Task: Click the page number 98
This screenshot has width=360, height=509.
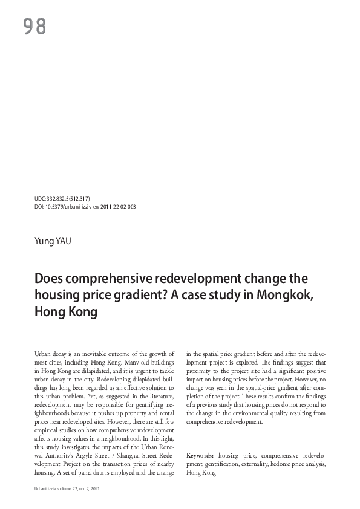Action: pos(34,26)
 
